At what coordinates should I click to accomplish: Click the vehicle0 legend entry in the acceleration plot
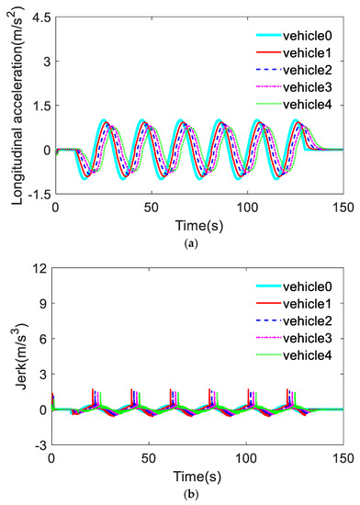pos(309,38)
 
